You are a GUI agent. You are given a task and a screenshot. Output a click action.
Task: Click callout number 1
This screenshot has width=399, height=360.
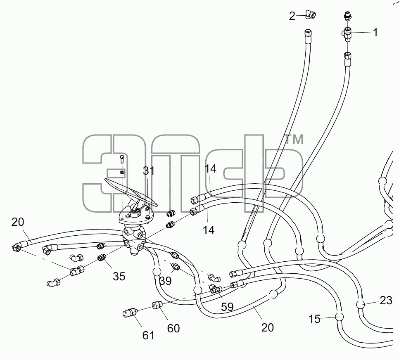click(x=375, y=33)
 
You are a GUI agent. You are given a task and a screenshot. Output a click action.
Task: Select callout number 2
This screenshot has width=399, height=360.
click(x=292, y=16)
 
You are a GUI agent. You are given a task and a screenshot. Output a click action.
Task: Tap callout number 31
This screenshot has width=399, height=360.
click(x=149, y=171)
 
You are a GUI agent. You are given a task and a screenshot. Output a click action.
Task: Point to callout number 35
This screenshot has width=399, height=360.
click(x=119, y=276)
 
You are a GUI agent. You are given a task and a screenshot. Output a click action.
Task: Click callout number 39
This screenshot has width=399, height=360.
click(x=166, y=281)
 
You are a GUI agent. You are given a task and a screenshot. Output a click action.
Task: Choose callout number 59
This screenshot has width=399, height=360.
click(x=227, y=307)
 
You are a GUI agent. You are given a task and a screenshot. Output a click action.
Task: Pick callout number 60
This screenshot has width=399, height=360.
click(x=173, y=329)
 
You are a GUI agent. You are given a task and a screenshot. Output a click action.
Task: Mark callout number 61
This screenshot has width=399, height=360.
click(x=148, y=336)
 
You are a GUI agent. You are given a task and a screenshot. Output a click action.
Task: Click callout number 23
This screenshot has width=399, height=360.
click(x=386, y=301)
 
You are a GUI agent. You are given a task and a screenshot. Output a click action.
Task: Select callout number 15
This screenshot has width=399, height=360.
click(x=314, y=319)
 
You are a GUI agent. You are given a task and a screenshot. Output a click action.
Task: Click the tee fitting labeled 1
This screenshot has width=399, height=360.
click(x=346, y=33)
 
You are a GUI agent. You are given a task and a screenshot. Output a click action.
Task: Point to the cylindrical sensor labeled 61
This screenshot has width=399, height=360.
click(x=130, y=312)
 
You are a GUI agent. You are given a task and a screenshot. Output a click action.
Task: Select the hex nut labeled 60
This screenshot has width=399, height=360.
click(x=156, y=305)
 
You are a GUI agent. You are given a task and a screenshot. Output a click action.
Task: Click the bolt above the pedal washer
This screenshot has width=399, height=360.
click(x=121, y=160)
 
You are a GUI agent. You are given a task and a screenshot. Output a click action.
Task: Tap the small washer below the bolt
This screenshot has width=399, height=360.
click(x=122, y=173)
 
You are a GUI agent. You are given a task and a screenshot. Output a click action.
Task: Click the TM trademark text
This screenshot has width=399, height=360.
click(x=294, y=140)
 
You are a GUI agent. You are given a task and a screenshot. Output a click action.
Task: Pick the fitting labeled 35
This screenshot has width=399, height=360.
click(x=102, y=258)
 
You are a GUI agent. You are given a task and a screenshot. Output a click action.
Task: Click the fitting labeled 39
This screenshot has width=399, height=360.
click(x=176, y=267)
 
